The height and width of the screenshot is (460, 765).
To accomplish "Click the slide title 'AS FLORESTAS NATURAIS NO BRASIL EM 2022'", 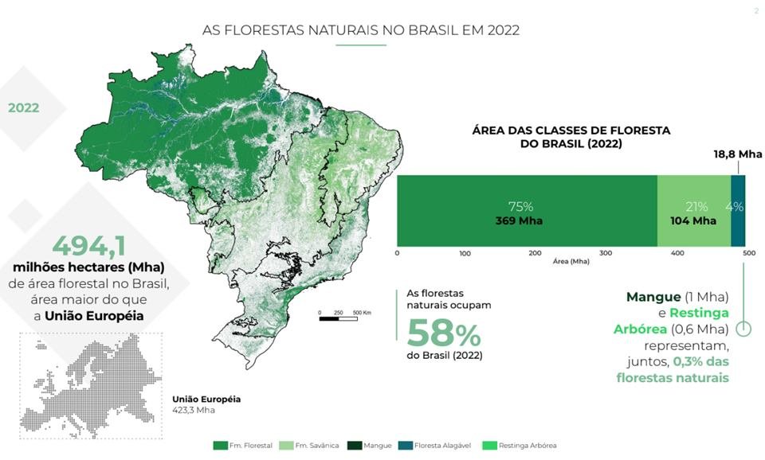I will [361, 31].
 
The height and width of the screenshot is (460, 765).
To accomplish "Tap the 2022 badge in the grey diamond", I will [24, 107].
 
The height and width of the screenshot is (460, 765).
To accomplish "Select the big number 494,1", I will [89, 244].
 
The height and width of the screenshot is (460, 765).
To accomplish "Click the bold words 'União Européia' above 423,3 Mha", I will [206, 400].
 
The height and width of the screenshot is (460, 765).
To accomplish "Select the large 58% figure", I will [443, 332].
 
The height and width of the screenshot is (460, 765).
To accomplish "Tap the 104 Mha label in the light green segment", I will [694, 220].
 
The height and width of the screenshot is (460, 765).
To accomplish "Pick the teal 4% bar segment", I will [738, 211].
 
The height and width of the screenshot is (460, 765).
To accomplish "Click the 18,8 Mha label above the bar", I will [738, 154].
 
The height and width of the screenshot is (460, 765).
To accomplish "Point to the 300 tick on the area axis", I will [606, 253].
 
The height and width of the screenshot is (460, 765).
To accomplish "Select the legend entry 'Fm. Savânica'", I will [314, 445].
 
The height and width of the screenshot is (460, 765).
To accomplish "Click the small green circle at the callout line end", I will [744, 328].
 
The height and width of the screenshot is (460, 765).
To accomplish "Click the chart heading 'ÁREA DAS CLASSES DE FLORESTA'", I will [571, 130].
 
